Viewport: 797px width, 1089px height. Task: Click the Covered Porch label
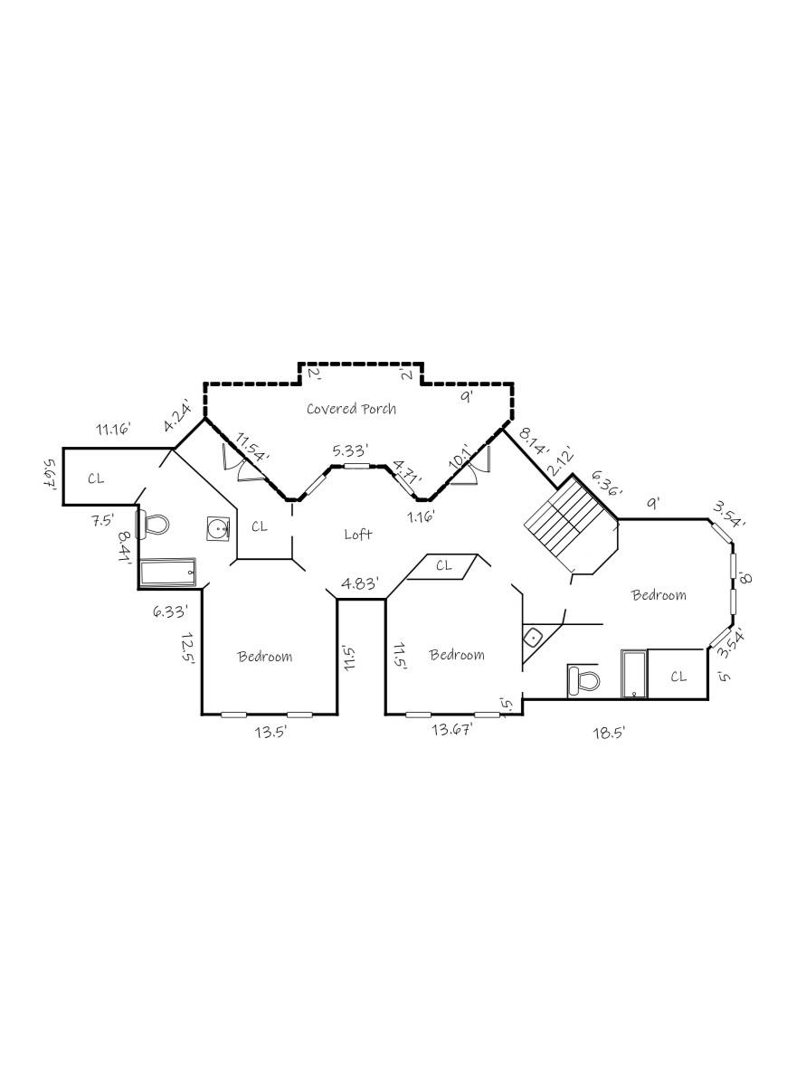pos(351,409)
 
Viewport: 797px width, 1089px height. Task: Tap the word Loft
pos(358,535)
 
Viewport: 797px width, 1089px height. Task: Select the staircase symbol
pos(566,526)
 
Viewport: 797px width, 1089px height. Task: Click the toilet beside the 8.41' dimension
pos(155,524)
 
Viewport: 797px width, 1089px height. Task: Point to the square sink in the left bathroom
pos(218,529)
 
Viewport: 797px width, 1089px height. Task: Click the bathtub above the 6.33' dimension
pos(167,573)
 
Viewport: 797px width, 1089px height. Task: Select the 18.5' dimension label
pos(609,734)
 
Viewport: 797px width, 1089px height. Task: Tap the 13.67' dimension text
pos(452,729)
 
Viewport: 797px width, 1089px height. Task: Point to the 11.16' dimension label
pos(115,428)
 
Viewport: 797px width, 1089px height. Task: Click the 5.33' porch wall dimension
pos(349,449)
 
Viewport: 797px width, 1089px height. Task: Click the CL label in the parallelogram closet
pos(443,565)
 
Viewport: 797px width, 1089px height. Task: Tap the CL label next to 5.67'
pos(96,478)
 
